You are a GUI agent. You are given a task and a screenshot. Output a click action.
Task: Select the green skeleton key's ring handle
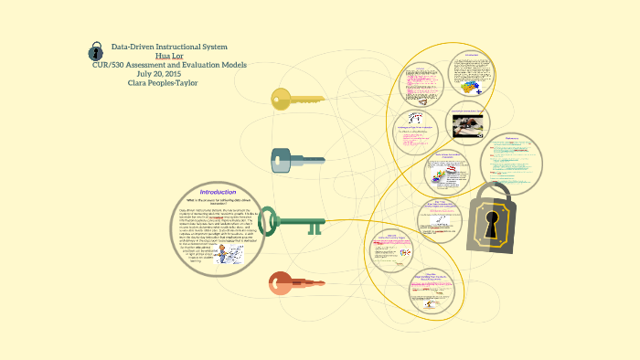[x=269, y=222]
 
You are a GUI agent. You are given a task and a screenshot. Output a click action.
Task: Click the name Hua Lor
[x=169, y=56]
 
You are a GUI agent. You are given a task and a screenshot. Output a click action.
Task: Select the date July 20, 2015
[x=169, y=73]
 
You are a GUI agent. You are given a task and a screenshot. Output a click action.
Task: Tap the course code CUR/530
[x=113, y=65]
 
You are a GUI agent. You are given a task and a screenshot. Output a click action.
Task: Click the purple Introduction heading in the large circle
[x=219, y=192]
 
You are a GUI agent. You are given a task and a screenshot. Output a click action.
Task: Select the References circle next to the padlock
[x=511, y=161]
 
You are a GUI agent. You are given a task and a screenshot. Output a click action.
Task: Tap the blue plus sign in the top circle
[x=477, y=91]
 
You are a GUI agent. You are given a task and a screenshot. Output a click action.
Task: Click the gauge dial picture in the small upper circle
[x=419, y=119]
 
